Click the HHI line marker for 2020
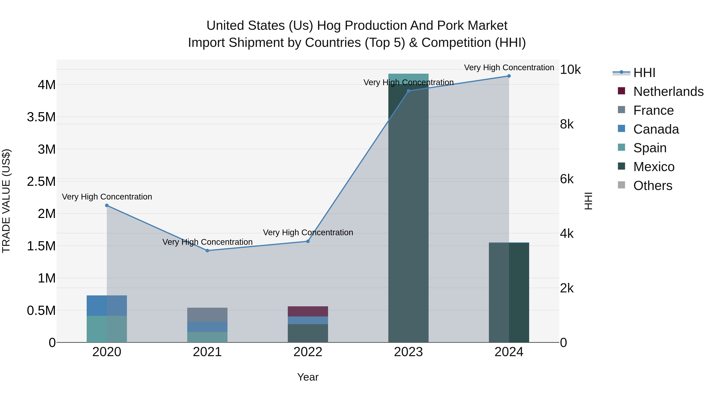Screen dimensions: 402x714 (x=107, y=205)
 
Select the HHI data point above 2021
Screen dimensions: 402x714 (x=207, y=251)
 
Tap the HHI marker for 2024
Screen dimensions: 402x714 (x=509, y=76)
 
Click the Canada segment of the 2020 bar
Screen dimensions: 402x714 (x=107, y=306)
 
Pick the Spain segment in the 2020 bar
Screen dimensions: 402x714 (x=107, y=329)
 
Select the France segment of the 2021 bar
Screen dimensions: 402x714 (x=207, y=315)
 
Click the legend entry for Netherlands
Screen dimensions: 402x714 (x=668, y=92)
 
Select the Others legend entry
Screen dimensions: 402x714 (x=653, y=186)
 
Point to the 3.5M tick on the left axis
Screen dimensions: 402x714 (x=41, y=117)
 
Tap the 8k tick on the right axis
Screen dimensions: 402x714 (x=567, y=124)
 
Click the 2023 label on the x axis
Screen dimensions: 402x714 (x=408, y=352)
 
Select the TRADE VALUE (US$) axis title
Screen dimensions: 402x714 (x=6, y=201)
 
